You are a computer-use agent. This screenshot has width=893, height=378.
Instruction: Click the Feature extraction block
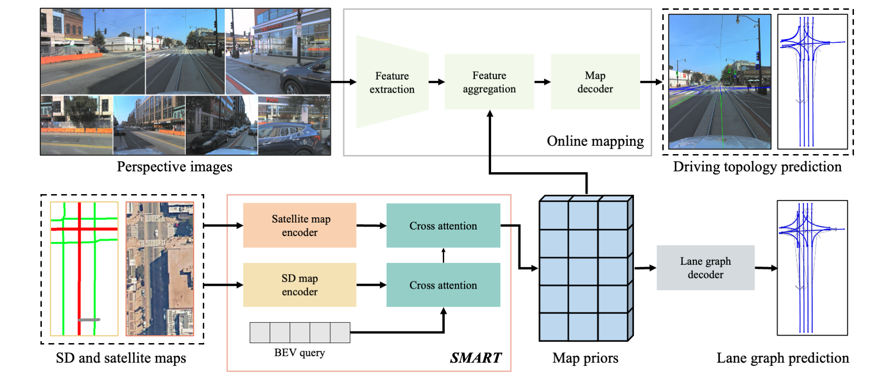392,82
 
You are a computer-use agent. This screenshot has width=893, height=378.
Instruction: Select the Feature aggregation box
489,82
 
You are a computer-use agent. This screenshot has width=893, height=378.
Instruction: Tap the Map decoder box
595,82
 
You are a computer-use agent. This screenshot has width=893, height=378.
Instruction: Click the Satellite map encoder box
300,225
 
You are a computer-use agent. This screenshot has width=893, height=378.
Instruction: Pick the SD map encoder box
300,285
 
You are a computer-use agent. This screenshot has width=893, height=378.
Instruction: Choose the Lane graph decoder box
705,268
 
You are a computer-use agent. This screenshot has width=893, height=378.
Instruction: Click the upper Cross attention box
443,226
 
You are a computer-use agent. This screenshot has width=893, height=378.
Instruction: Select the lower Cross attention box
443,285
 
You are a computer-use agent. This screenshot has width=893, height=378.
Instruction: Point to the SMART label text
476,358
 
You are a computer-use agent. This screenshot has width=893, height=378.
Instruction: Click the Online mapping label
595,141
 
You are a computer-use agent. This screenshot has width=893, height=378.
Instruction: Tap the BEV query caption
300,353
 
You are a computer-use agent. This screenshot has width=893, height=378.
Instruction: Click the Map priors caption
585,358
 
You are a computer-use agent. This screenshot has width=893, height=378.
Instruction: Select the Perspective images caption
174,167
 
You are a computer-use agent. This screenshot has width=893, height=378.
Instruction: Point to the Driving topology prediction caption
757,167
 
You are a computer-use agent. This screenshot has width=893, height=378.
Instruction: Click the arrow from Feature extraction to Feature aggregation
436,82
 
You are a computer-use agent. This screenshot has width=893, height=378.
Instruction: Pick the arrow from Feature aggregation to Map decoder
542,82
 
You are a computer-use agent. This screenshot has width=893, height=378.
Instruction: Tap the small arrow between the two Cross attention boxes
443,255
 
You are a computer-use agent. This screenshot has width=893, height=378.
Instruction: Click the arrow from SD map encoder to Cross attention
371,285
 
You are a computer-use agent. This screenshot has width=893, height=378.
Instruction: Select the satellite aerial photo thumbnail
160,269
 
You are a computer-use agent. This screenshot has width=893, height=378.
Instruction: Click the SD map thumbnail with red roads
84,269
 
